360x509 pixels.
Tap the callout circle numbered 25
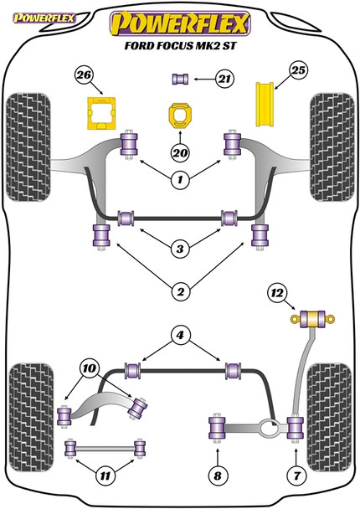(x=299, y=71)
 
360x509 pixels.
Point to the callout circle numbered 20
(x=177, y=152)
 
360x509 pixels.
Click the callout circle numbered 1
(x=178, y=177)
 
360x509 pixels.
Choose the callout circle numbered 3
(x=177, y=247)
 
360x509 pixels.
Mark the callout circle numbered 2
(x=177, y=291)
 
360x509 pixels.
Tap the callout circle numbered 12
(x=278, y=292)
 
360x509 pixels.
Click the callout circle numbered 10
(x=89, y=367)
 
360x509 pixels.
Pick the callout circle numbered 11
(x=104, y=478)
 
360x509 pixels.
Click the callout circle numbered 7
(x=295, y=478)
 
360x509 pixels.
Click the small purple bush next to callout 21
(x=178, y=80)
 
